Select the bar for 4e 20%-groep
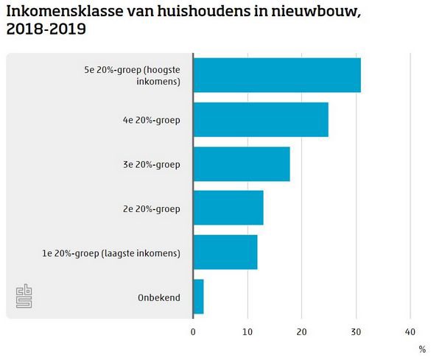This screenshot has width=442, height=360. point(261,120)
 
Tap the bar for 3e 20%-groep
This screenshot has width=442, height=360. point(242,164)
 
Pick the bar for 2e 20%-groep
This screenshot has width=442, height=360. point(228,208)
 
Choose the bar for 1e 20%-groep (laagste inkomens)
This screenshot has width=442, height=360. point(225,253)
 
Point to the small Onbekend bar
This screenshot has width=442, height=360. point(198,297)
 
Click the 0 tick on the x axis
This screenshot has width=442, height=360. point(193,331)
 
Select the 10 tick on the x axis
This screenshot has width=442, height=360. point(248,331)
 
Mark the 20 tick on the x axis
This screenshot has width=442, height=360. point(302,331)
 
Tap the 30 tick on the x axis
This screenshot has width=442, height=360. point(356,331)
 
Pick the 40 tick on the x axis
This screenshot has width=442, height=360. point(410,331)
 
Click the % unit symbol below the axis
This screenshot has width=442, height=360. point(422,348)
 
